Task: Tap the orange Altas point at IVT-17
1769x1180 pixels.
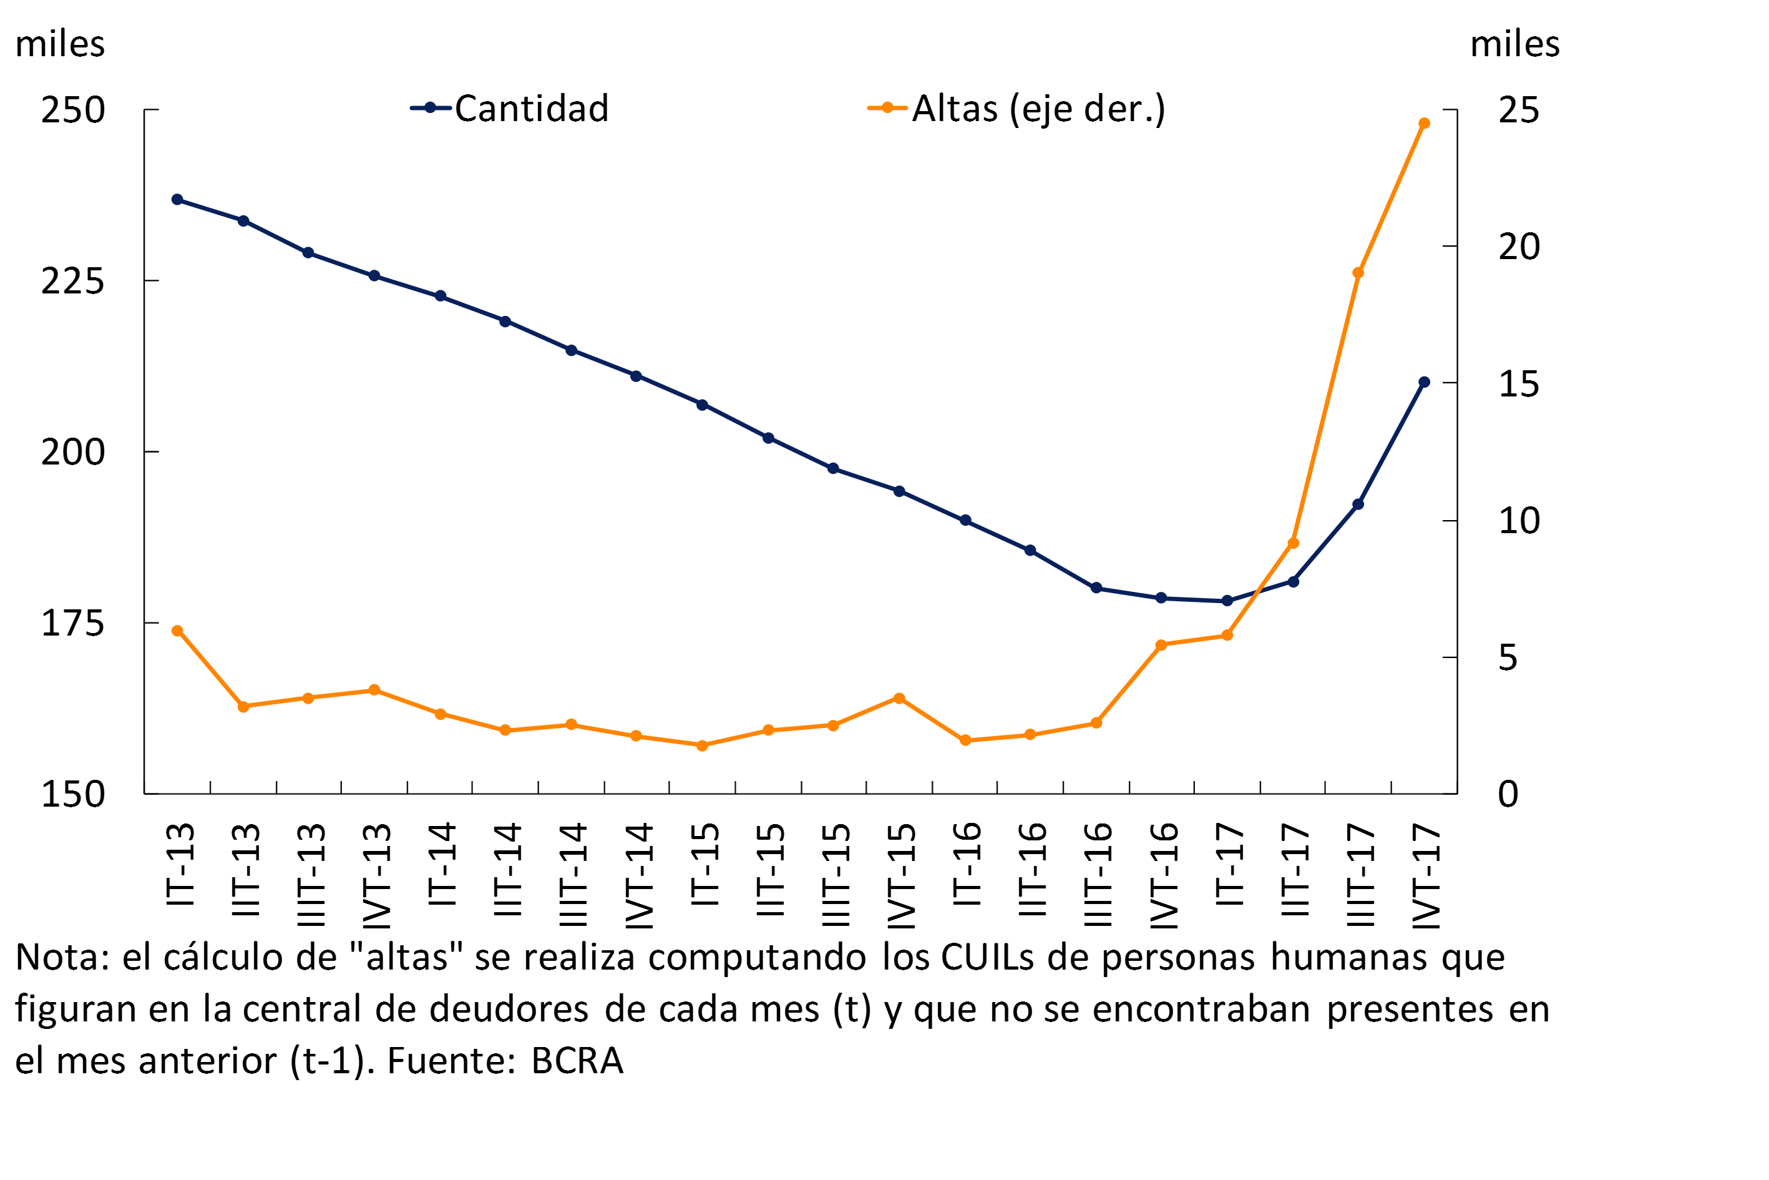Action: click(x=1424, y=124)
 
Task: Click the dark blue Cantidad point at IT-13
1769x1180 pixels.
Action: click(x=177, y=199)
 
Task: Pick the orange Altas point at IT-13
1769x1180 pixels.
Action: click(x=177, y=631)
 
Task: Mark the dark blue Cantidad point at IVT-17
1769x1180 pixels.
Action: click(x=1424, y=382)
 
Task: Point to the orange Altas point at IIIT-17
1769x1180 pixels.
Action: click(x=1358, y=272)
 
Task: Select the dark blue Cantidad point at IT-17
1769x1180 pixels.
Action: click(x=1227, y=601)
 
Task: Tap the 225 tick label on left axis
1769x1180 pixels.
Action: click(x=72, y=282)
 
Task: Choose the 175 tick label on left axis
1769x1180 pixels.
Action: click(x=72, y=623)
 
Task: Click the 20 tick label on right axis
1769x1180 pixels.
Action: click(x=1519, y=247)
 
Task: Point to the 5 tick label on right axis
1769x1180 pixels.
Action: click(x=1508, y=657)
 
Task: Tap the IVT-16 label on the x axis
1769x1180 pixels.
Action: click(x=1164, y=875)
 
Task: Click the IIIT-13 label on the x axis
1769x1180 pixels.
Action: click(x=311, y=875)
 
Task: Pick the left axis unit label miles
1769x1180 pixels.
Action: click(x=60, y=44)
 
